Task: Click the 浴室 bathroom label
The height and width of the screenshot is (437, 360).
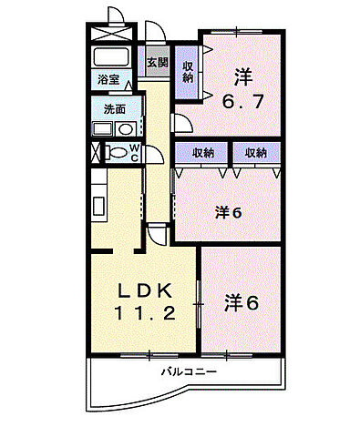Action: coord(108,79)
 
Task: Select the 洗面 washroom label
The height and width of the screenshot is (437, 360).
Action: coord(103,108)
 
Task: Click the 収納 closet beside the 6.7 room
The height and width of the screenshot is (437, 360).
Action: coord(187,71)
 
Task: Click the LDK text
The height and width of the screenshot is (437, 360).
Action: coord(143,290)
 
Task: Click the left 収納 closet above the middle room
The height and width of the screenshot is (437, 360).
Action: coord(202,153)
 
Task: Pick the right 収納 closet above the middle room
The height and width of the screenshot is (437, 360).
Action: coord(254,153)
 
